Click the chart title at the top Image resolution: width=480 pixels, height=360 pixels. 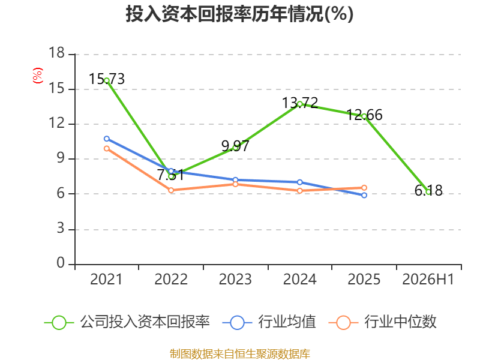click(239, 14)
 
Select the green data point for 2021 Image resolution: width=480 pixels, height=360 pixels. click(107, 80)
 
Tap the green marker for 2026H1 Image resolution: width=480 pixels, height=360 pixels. click(428, 191)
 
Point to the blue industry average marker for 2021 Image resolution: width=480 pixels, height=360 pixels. click(107, 139)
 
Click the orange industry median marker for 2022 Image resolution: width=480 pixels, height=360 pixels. click(171, 190)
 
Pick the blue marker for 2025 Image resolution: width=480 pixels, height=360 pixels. click(364, 195)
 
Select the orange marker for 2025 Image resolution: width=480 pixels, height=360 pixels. click(364, 188)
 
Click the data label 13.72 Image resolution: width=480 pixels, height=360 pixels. click(300, 103)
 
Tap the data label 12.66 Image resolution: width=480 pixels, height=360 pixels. click(364, 115)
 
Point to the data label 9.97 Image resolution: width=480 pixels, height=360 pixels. click(235, 146)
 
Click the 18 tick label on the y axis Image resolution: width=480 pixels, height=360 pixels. click(56, 53)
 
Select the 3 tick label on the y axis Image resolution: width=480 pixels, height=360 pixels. click(61, 229)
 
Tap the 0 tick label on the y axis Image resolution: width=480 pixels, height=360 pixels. click(61, 263)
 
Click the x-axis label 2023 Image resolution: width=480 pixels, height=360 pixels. click(235, 279)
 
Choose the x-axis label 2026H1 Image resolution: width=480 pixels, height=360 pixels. click(428, 279)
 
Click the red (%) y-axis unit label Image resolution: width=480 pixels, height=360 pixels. click(38, 76)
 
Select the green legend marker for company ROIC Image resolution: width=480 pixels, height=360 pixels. click(59, 323)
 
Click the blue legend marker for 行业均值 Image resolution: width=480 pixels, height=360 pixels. click(237, 323)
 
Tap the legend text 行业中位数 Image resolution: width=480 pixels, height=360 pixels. click(400, 322)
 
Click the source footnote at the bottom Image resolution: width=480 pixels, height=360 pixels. click(240, 354)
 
